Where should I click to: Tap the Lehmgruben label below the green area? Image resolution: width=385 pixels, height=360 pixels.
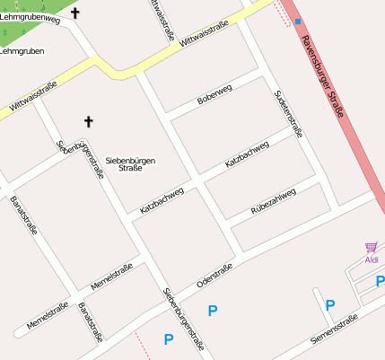point(22,51)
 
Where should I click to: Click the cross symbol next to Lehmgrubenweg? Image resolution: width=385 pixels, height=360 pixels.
point(74,13)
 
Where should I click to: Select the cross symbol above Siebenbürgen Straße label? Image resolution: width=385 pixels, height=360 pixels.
point(88,120)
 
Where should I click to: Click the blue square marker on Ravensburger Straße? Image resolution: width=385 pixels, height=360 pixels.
point(298,21)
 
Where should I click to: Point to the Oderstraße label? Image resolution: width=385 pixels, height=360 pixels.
point(214,275)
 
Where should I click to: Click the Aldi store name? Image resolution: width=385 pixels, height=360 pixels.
point(372,259)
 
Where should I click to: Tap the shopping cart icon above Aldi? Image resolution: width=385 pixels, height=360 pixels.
point(371,247)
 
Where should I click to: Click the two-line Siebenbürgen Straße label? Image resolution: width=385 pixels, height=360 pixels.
point(131,164)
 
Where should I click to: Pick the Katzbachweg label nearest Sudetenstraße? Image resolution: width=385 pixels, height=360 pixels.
point(247,154)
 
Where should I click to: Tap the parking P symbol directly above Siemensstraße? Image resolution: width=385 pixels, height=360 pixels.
point(330,306)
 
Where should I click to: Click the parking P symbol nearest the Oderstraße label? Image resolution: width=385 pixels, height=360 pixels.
point(213,311)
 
